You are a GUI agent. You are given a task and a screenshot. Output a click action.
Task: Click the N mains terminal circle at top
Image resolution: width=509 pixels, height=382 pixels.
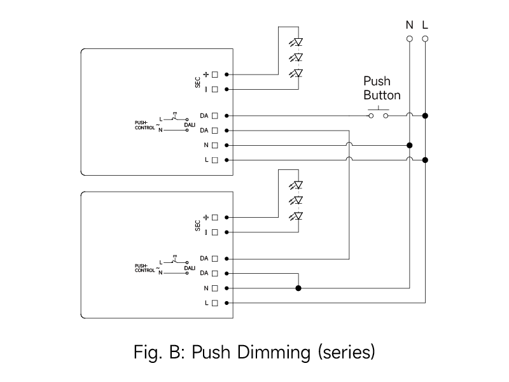point(410,39)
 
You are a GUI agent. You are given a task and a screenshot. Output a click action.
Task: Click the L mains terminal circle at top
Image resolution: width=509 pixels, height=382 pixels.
point(425,39)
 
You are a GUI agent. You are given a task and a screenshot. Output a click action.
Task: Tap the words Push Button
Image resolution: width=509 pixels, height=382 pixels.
point(382,88)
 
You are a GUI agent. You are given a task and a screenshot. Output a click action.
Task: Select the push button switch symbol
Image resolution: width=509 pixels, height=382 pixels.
point(379,114)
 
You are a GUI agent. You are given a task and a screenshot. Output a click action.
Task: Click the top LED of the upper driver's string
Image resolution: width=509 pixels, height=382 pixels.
point(296,42)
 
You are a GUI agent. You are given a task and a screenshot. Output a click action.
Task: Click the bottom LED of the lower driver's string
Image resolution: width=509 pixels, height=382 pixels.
point(296,216)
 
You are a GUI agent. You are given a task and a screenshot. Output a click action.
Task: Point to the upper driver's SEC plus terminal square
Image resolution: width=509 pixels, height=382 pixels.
point(215,74)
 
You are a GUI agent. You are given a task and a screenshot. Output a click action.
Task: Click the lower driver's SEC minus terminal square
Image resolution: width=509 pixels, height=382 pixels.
point(215,232)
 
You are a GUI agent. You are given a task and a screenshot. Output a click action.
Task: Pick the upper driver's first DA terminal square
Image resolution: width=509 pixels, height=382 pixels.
point(215,116)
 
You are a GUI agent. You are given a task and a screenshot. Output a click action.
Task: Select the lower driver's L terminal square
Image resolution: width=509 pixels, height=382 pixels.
point(215,303)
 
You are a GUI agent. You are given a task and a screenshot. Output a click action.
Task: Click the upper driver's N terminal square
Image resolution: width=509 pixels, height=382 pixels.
point(215,145)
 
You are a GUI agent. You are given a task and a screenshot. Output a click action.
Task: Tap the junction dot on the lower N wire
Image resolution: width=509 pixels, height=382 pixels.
point(298,288)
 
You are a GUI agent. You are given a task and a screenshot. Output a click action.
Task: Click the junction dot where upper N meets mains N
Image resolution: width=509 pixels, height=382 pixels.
point(410,145)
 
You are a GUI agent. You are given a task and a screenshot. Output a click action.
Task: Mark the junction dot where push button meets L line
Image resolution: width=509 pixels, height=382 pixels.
point(425,116)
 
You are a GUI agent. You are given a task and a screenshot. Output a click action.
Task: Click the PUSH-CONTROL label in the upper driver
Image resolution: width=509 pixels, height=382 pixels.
point(145,125)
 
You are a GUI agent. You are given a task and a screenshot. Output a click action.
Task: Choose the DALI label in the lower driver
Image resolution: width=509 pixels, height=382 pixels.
point(190,268)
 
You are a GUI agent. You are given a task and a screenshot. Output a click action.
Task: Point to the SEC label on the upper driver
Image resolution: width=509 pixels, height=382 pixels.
point(198,82)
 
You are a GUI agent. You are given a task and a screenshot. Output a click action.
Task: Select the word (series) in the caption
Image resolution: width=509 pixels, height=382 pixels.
point(347,352)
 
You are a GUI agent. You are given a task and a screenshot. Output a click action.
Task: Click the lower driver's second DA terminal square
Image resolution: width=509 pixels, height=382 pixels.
point(215,274)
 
